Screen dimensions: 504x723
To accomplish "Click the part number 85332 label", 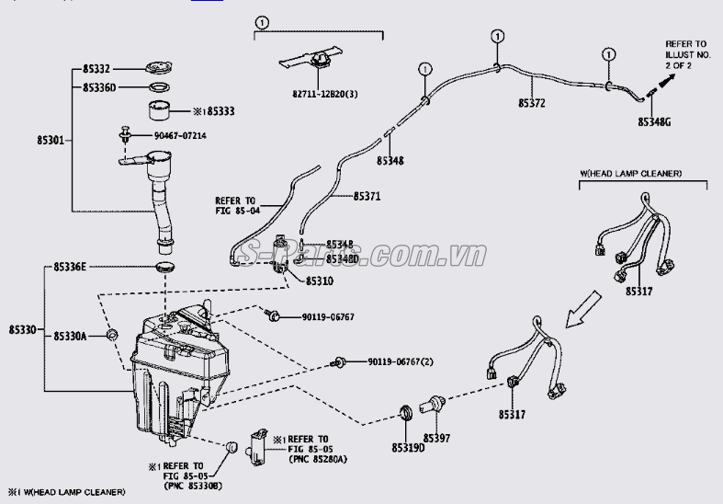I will pyautogui.click(x=96, y=69).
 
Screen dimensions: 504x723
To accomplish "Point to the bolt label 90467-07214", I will pyautogui.click(x=180, y=135).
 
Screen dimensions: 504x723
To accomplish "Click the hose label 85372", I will pyautogui.click(x=531, y=103).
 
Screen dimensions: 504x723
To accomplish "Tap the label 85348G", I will pyautogui.click(x=654, y=120).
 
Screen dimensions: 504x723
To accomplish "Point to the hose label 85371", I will pyautogui.click(x=367, y=197).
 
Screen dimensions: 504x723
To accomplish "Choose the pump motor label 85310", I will pyautogui.click(x=319, y=280).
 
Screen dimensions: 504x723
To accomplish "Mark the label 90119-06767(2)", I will pyautogui.click(x=401, y=363).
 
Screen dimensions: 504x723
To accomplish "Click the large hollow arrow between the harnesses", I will pyautogui.click(x=583, y=310).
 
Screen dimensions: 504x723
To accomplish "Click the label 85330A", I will pyautogui.click(x=69, y=337).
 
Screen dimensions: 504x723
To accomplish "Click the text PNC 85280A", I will pyautogui.click(x=318, y=457).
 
